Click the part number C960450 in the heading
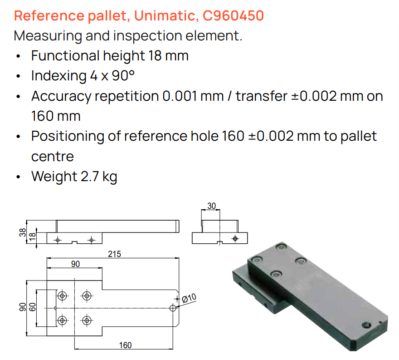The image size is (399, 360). tap(233, 15)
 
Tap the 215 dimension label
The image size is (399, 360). tap(114, 254)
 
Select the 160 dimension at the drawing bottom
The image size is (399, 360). tap(125, 345)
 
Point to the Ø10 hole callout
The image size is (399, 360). tap(189, 298)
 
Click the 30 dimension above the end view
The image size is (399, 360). tap(211, 206)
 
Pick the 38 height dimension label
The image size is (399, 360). tap(23, 232)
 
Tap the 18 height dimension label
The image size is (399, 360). tap(33, 237)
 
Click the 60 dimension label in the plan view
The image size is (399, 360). tap(32, 307)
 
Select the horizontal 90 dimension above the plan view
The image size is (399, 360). tap(75, 264)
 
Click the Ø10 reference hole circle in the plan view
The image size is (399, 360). tap(173, 308)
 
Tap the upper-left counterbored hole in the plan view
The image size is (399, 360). tap(62, 296)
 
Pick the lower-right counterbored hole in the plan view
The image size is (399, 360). tap(87, 320)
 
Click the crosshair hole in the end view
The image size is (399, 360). tap(235, 239)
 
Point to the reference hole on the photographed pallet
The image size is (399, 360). tap(366, 325)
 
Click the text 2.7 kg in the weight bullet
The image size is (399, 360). tap(99, 177)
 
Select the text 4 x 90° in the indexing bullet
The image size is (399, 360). tap(112, 76)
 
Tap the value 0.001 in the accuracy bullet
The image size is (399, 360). tap(180, 96)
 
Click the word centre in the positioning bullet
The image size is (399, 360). tap(53, 157)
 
